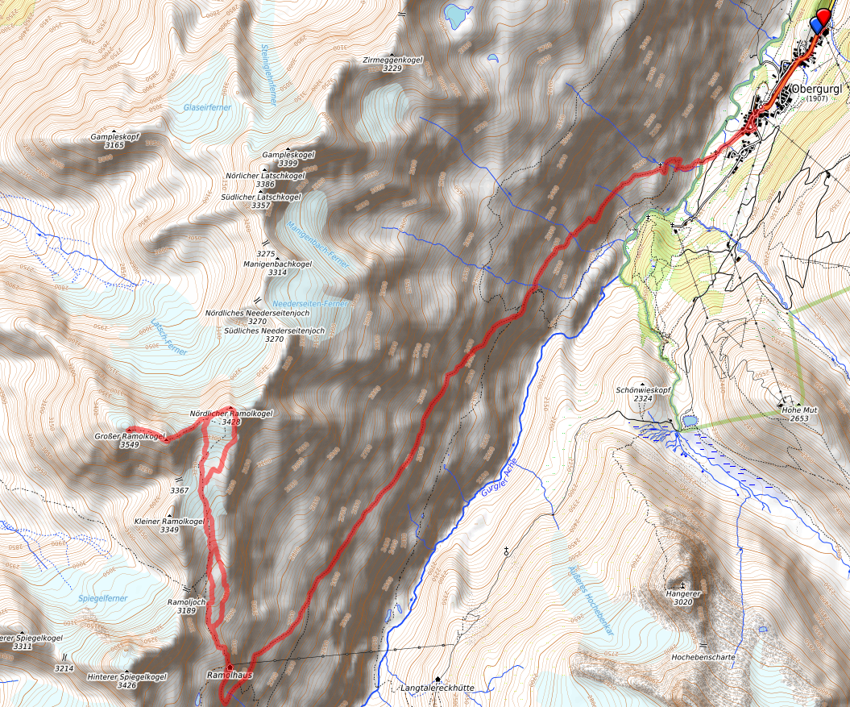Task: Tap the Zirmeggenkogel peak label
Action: pyautogui.click(x=392, y=60)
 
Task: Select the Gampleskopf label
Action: pyautogui.click(x=115, y=137)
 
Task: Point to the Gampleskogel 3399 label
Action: pyautogui.click(x=288, y=154)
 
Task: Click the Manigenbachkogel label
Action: pyautogui.click(x=277, y=264)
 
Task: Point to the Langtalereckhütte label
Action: pyautogui.click(x=436, y=688)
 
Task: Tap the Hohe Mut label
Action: pyautogui.click(x=799, y=410)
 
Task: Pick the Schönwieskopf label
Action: pyautogui.click(x=643, y=389)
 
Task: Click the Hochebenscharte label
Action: pyautogui.click(x=703, y=657)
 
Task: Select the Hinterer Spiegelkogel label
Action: pyautogui.click(x=127, y=676)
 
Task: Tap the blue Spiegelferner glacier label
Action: pyautogui.click(x=103, y=598)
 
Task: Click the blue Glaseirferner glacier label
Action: pyautogui.click(x=207, y=106)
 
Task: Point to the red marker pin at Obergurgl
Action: pyautogui.click(x=823, y=18)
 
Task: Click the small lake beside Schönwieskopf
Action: pyautogui.click(x=689, y=420)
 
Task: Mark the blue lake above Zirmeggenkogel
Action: pyautogui.click(x=457, y=15)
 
